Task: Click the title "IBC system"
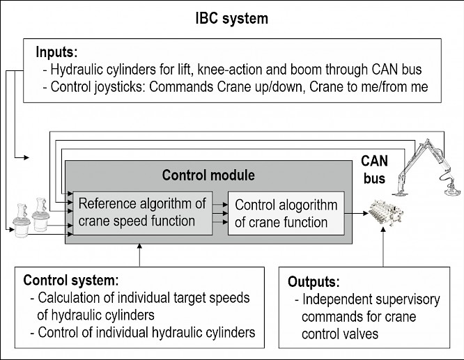pyautogui.click(x=232, y=18)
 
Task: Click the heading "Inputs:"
pyautogui.click(x=56, y=52)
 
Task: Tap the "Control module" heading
pyautogui.click(x=208, y=175)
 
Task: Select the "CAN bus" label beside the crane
pyautogui.click(x=374, y=170)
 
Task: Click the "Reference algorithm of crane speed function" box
pyautogui.click(x=143, y=213)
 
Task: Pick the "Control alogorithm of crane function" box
pyautogui.click(x=286, y=213)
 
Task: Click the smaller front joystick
pyautogui.click(x=22, y=221)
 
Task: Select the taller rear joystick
pyautogui.click(x=41, y=214)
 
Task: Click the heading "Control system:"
pyautogui.click(x=71, y=280)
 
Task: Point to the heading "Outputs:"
pyautogui.click(x=314, y=281)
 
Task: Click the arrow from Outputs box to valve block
pyautogui.click(x=383, y=247)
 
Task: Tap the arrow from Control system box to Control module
pyautogui.click(x=139, y=256)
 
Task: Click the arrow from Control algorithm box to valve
pyautogui.click(x=357, y=213)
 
